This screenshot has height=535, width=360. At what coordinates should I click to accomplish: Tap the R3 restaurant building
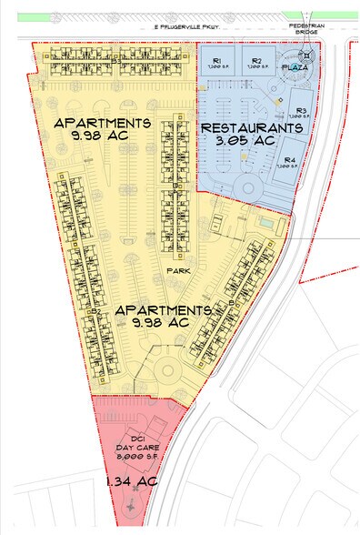299,114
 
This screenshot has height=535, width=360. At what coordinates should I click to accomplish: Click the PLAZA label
295,68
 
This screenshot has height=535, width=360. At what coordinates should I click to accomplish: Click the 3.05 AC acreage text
250,143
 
